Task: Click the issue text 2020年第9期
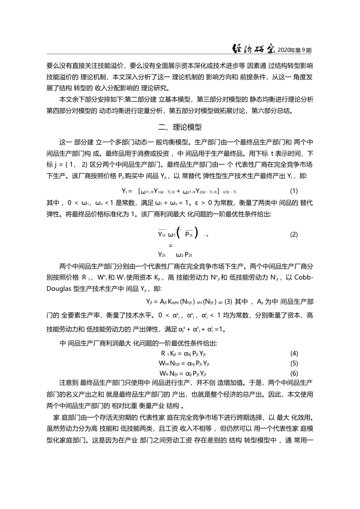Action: (294, 50)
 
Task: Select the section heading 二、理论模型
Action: (180, 127)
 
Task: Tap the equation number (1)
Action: (294, 190)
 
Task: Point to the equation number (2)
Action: (294, 234)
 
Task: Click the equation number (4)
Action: (294, 353)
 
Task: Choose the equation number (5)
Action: (294, 363)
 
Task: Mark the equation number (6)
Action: (294, 373)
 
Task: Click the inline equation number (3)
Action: (228, 301)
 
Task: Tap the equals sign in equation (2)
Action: (165, 245)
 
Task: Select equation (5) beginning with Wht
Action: (184, 364)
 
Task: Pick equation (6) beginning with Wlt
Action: (183, 373)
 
